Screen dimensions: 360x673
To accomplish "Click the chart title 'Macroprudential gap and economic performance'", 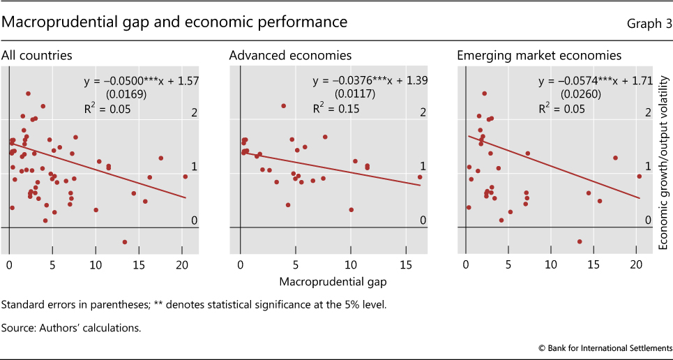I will (x=175, y=22).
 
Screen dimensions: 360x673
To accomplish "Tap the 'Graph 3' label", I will (x=646, y=24).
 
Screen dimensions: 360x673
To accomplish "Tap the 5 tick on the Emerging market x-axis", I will (x=508, y=265).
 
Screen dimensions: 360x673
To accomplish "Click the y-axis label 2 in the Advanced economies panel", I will (x=423, y=113).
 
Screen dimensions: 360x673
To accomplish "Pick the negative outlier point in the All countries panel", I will (x=125, y=242).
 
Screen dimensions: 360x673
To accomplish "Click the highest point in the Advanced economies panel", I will (x=284, y=106).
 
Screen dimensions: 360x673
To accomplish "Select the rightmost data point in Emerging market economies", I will (x=639, y=177).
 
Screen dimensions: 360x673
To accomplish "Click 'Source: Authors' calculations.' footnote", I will (x=71, y=327).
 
